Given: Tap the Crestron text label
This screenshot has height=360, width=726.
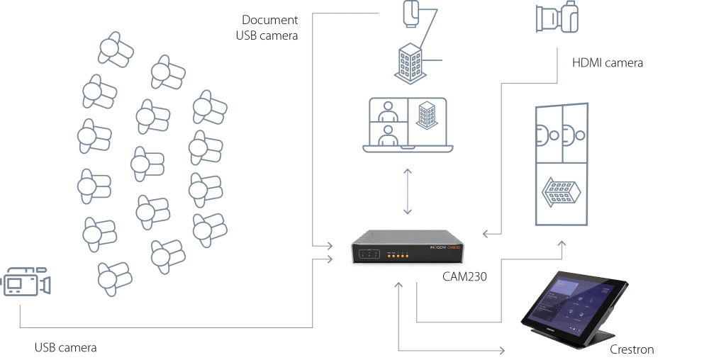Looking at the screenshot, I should click(632, 349).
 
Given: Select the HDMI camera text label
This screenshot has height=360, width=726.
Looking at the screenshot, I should click(608, 63).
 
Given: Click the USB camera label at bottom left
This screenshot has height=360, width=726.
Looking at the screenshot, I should click(66, 348).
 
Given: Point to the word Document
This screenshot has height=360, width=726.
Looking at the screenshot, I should click(270, 20).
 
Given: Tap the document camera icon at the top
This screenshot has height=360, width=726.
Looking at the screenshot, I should click(413, 14).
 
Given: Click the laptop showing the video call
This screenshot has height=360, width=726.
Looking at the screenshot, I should click(406, 125).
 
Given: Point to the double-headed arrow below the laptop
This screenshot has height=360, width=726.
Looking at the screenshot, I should click(407, 191).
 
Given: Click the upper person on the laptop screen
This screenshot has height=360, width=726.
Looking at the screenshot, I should click(387, 110).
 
